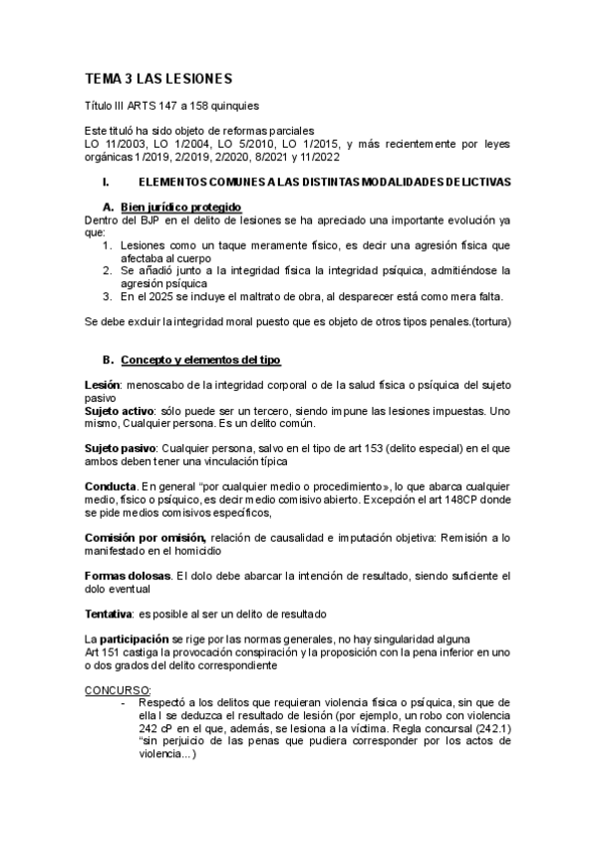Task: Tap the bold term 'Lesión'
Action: click(104, 386)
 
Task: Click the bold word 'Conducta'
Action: click(110, 486)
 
